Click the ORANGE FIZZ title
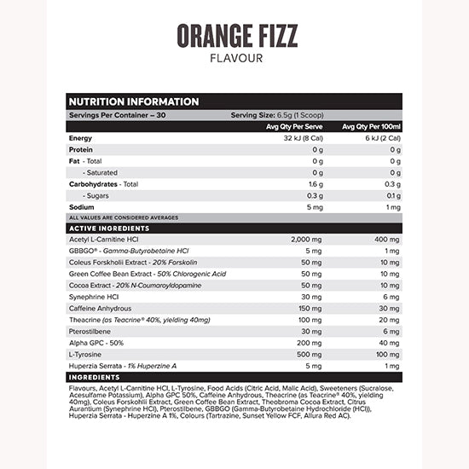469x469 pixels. click(234, 36)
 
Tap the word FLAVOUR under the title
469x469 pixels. click(234, 59)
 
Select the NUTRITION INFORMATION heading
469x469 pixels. click(133, 101)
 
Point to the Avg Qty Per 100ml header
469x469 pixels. click(372, 126)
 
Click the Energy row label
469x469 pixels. click(81, 137)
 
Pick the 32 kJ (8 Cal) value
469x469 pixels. click(296, 137)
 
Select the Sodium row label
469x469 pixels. click(82, 206)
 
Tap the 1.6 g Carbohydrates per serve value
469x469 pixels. click(316, 183)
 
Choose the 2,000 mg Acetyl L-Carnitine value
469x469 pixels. click(307, 240)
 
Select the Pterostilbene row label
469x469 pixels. click(91, 331)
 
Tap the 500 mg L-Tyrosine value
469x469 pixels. click(310, 353)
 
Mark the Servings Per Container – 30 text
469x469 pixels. click(118, 114)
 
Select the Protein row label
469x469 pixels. click(82, 149)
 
